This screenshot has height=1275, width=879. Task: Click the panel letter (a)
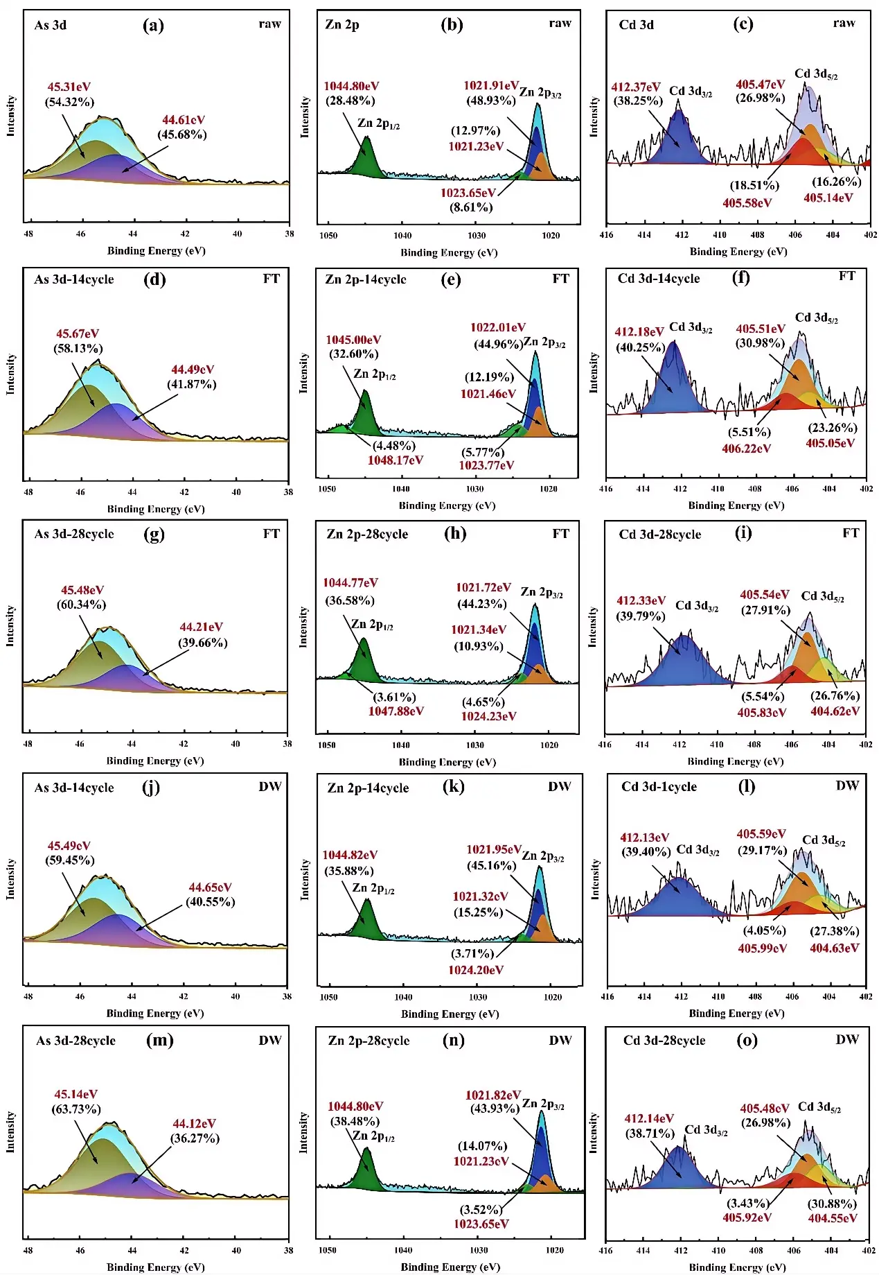pos(153,26)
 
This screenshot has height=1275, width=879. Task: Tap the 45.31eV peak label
pos(69,87)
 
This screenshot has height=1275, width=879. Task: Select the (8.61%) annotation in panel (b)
pos(471,207)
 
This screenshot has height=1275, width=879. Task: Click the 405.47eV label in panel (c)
pos(760,85)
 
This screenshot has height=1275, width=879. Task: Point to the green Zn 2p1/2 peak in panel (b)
pos(367,157)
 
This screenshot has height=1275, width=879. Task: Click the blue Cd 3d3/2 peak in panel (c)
pos(680,139)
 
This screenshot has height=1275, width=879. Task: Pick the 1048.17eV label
pos(396,460)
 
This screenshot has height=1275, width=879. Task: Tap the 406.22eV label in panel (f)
pos(746,449)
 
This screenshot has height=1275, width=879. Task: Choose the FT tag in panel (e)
pos(560,279)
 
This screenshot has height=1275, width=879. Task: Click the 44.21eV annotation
pos(201,627)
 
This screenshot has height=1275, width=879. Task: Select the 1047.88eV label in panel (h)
pos(396,711)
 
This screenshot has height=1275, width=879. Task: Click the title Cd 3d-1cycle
pos(659,786)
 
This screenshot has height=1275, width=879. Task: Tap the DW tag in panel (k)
pos(559,786)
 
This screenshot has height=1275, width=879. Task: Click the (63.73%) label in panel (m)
pos(76,1109)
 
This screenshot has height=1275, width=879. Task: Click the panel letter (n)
pos(453,1040)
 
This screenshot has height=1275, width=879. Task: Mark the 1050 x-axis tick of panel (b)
pos(328,236)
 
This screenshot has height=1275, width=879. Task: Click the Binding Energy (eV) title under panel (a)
pos(156,250)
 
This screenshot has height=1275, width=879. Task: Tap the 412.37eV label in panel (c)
pos(635,87)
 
